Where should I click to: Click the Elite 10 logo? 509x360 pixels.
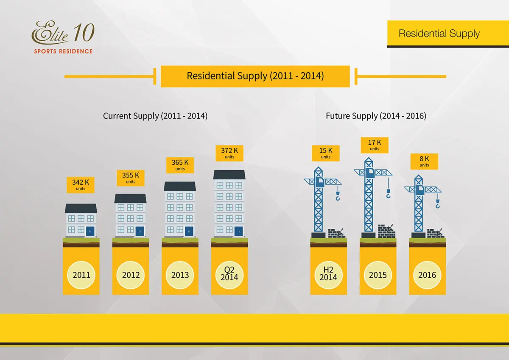(x=63, y=37)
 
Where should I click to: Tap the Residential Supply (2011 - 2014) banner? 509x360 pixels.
(x=255, y=76)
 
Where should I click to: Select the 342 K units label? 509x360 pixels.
(x=81, y=185)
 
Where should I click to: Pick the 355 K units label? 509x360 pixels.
(x=131, y=178)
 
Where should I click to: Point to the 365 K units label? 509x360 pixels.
(x=180, y=165)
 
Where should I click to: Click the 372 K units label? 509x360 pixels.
(x=229, y=153)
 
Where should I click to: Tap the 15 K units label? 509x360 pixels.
(x=326, y=153)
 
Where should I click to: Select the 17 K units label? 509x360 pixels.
(x=375, y=145)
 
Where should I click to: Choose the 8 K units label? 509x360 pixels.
(x=424, y=161)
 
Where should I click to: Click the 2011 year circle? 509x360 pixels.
(x=81, y=275)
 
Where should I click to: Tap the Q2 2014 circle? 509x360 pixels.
(x=229, y=275)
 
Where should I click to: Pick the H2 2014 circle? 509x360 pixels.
(x=328, y=275)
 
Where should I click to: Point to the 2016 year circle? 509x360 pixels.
(x=427, y=275)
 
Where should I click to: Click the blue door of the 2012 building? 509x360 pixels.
(x=140, y=231)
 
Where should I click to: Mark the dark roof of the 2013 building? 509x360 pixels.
(x=180, y=186)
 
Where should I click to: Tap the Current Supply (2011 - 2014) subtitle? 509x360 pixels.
(x=155, y=116)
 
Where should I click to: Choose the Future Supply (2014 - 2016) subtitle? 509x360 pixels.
(x=376, y=116)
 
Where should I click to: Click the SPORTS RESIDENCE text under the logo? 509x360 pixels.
(x=63, y=51)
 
